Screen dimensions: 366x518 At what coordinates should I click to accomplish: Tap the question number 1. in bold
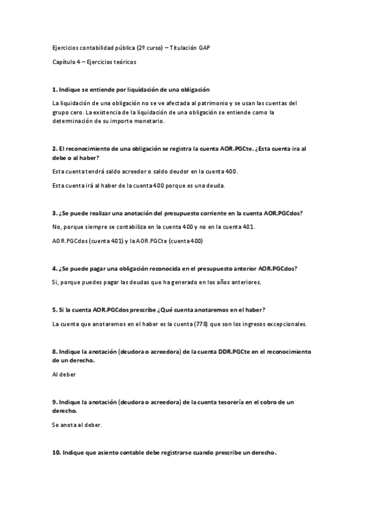click(x=55, y=89)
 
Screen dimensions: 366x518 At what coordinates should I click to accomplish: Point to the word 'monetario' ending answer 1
click(x=148, y=121)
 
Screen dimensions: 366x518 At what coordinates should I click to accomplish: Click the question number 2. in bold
click(x=55, y=148)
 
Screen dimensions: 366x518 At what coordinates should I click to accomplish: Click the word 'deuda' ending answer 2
click(x=214, y=186)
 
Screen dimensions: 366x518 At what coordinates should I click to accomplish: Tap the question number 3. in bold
click(x=55, y=213)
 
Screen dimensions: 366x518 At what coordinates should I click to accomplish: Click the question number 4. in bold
click(x=55, y=268)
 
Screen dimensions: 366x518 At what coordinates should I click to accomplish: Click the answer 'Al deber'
click(x=64, y=374)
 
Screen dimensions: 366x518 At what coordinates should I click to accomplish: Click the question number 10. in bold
click(x=56, y=452)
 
